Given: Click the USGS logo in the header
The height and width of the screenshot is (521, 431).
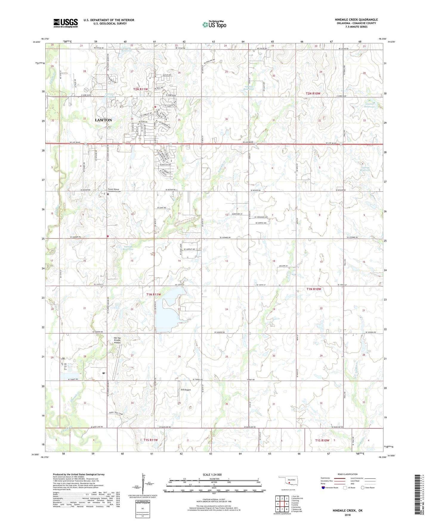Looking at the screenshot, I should (66, 23).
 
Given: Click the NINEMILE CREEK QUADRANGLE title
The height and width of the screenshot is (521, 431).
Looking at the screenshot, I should (356, 20).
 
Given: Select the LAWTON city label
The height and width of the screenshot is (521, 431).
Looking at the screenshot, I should (103, 120).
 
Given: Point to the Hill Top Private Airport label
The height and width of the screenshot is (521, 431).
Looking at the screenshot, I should (117, 340).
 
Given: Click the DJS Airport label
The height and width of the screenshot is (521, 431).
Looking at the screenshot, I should (186, 390).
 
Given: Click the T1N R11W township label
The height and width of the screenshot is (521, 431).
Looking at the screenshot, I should (154, 295).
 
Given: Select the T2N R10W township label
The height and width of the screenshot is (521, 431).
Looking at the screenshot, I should (313, 93).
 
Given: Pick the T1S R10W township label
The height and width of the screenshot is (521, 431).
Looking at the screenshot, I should (322, 440).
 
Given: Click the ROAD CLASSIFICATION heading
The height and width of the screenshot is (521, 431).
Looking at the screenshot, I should (348, 474).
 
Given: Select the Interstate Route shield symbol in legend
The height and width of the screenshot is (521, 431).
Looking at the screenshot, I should (324, 488).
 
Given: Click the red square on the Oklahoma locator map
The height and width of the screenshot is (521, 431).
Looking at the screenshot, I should (289, 481).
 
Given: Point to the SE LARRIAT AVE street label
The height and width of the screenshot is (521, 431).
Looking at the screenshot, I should (189, 249).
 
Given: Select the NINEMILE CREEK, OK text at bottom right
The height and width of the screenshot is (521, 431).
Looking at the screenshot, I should (347, 511).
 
